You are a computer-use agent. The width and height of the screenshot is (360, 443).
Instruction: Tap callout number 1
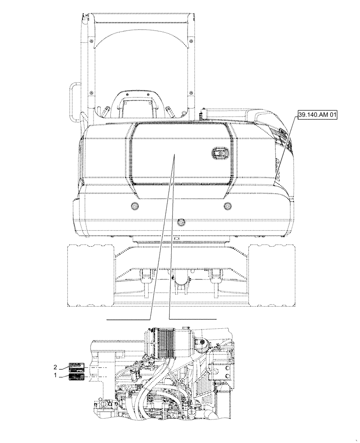coord(55,375)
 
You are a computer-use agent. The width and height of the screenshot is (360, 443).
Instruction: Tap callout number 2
coord(55,367)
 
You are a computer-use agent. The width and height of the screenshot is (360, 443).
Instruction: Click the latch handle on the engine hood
coord(219,154)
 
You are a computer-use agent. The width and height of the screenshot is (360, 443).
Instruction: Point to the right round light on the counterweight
coord(228,206)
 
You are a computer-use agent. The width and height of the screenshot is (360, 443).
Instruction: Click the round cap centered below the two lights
coord(180,221)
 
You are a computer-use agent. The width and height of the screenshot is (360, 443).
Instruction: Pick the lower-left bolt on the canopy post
coord(91,93)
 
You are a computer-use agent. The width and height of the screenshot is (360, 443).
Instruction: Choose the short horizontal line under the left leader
coord(129,319)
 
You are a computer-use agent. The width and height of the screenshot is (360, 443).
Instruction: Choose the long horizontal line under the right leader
coord(192,319)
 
